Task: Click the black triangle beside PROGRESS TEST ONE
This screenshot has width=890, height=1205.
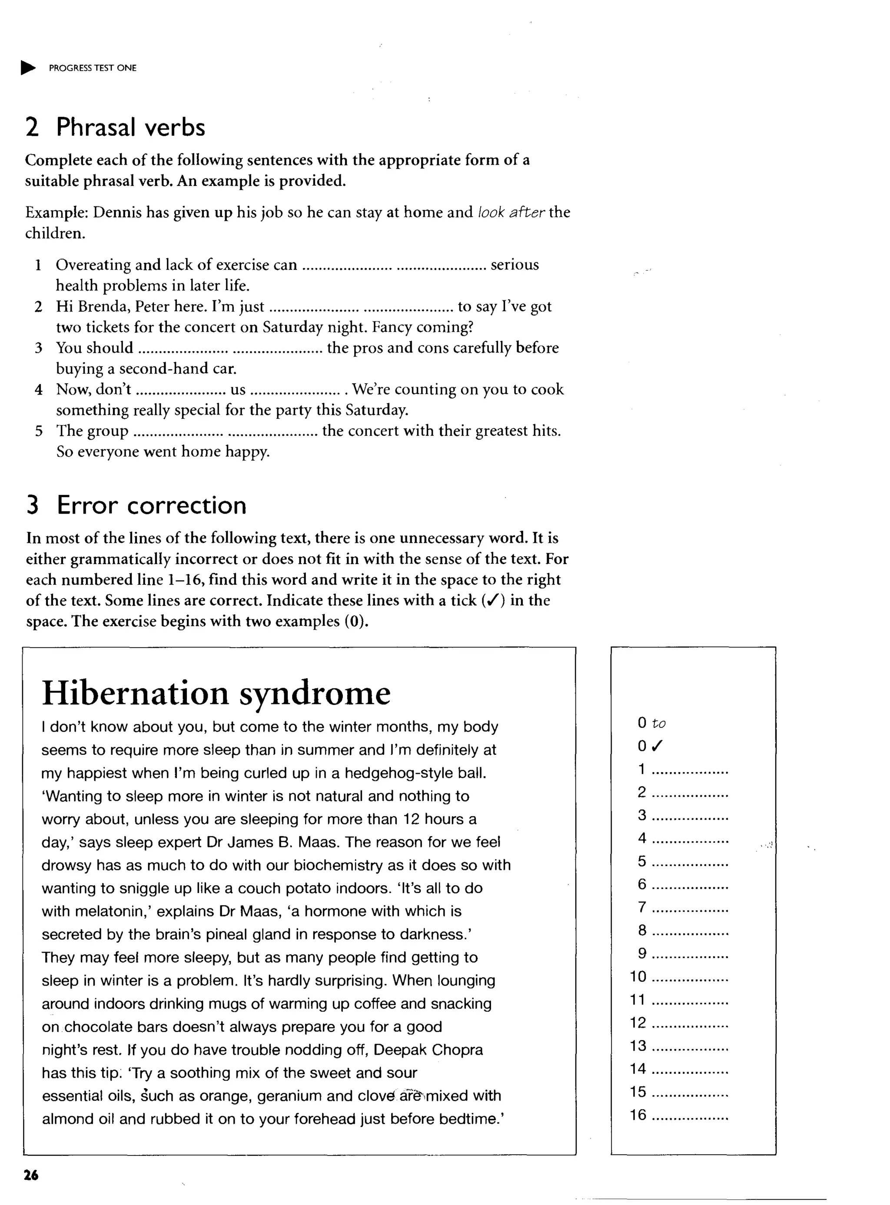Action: (28, 68)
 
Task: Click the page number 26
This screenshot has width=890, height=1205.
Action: (31, 1175)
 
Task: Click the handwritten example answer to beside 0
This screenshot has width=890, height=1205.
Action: (658, 724)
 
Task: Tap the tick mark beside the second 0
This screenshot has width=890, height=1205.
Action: (657, 746)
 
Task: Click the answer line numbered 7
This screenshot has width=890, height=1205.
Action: (690, 908)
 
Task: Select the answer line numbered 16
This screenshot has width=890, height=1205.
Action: (690, 1115)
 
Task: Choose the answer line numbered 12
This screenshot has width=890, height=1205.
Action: (693, 1023)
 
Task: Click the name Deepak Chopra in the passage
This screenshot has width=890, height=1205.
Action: (428, 1050)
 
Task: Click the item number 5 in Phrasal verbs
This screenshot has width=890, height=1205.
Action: (39, 431)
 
